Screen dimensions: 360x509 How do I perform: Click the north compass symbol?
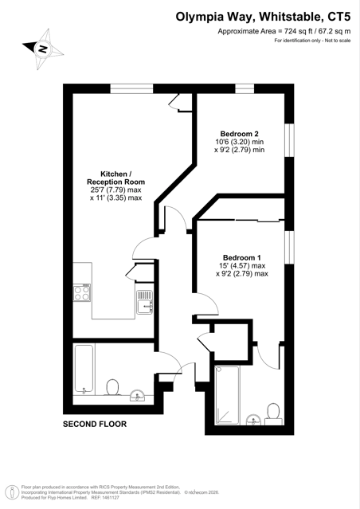coord(43,49)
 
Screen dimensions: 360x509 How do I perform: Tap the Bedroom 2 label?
coord(239,134)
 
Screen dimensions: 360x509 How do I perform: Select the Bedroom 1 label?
coord(242,258)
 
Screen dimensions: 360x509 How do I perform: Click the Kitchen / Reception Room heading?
coord(116,178)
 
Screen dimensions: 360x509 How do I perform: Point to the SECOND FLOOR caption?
coord(95,424)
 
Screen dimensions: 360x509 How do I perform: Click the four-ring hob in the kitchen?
coord(82,293)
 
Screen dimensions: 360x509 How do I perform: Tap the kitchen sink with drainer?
coord(144,302)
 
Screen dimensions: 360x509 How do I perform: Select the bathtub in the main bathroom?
coord(84,370)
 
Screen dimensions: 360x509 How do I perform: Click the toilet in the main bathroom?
coord(112,387)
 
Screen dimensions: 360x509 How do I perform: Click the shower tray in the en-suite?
coord(228,395)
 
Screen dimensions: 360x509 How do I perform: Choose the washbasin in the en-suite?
coord(253,420)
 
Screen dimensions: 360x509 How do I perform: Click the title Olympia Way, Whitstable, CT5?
coord(263,17)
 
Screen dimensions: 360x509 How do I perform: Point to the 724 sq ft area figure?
coord(298,32)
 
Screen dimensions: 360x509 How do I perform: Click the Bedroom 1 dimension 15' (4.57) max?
coord(242,266)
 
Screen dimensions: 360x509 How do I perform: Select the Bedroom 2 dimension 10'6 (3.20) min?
coord(240,142)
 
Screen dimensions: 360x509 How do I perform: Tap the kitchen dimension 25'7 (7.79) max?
coord(116,190)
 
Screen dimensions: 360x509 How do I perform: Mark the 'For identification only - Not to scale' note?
coord(312,41)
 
